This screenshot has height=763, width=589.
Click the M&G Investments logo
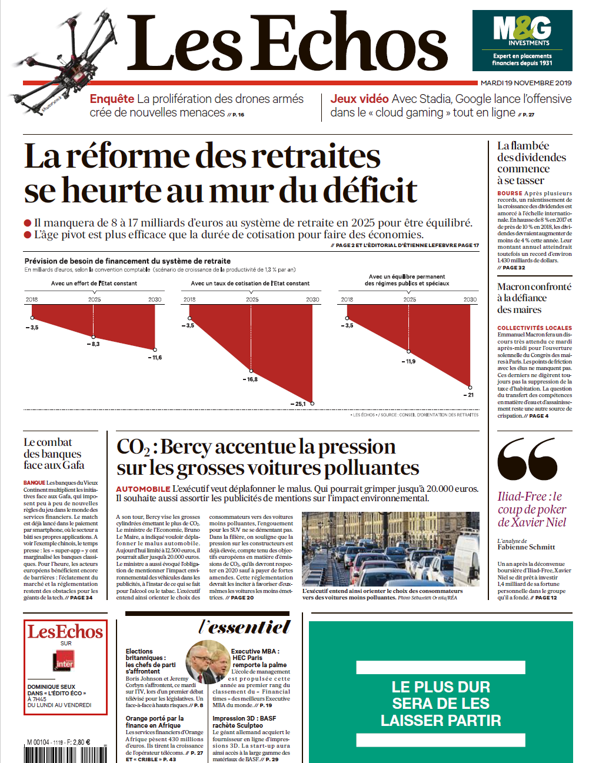[x=522, y=40]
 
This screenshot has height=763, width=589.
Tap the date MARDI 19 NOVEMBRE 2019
[x=526, y=83]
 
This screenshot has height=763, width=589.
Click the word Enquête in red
[x=112, y=99]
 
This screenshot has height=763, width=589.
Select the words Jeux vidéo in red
[x=359, y=99]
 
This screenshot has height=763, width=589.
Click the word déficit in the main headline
[x=359, y=191]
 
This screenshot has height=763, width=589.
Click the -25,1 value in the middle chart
[x=298, y=404]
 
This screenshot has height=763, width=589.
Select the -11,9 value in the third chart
[x=408, y=362]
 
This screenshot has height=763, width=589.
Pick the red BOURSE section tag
[x=510, y=193]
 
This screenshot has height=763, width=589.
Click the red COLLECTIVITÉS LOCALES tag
[x=534, y=328]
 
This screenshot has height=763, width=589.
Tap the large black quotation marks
[x=527, y=458]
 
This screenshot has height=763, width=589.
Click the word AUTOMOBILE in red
[x=143, y=489]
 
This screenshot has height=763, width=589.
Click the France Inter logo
[x=65, y=662]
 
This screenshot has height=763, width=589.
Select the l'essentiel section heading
[x=245, y=627]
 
